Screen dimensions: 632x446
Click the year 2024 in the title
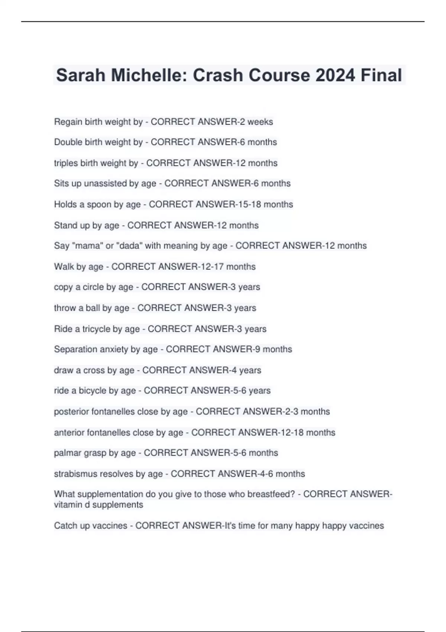tap(335, 75)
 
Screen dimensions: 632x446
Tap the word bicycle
tap(92, 391)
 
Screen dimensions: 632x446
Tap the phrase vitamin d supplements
tap(98, 505)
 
